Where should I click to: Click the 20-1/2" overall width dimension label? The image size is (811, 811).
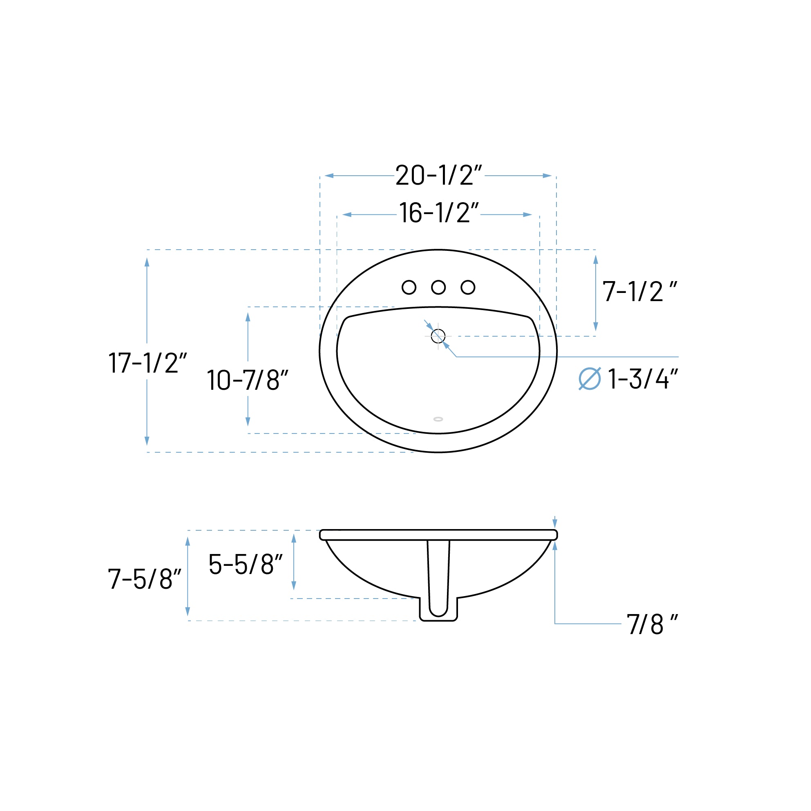coord(439,175)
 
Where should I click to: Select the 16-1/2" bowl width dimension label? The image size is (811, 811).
coord(439,214)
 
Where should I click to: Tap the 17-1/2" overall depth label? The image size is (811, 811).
coord(147,363)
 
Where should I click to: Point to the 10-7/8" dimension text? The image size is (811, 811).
coord(248,380)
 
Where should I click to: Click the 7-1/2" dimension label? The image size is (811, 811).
coord(639,292)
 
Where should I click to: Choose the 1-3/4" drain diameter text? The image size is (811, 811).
coord(643,379)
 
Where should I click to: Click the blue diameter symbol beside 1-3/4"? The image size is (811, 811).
coord(590,379)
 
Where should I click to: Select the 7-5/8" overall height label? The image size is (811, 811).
coord(144,580)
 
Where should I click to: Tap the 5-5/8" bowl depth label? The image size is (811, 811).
coord(246,565)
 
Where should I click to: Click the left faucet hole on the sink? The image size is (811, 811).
coord(409,288)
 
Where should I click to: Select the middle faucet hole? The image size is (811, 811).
coord(438,288)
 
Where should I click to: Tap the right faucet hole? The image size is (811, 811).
coord(468,288)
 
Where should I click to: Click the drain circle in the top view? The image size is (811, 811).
coord(438,336)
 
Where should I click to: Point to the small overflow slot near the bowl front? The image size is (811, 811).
coord(438,419)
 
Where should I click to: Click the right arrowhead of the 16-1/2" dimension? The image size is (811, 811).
coord(527,215)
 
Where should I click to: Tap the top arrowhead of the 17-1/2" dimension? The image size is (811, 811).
coord(147,262)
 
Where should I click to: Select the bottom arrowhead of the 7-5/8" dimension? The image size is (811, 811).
coord(188,612)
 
